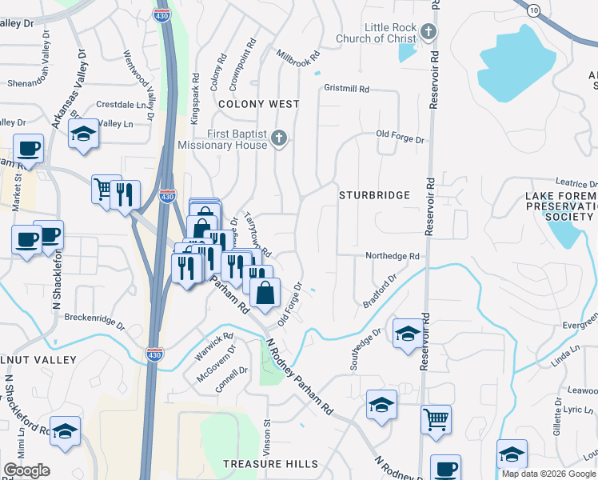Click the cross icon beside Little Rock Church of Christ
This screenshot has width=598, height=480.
429,33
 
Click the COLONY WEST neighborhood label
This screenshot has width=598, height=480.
259,104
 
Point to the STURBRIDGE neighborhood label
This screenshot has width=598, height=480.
374,195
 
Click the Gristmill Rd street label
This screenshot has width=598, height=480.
345,89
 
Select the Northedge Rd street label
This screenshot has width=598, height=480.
393,256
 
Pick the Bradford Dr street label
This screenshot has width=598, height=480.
380,292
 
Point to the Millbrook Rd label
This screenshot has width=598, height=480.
297,58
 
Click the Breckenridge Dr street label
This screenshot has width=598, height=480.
95,321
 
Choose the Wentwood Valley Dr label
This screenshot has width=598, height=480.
136,76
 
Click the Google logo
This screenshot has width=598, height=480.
26,470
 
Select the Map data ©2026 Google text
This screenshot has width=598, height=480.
548,474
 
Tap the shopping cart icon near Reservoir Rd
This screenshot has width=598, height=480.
436,418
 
